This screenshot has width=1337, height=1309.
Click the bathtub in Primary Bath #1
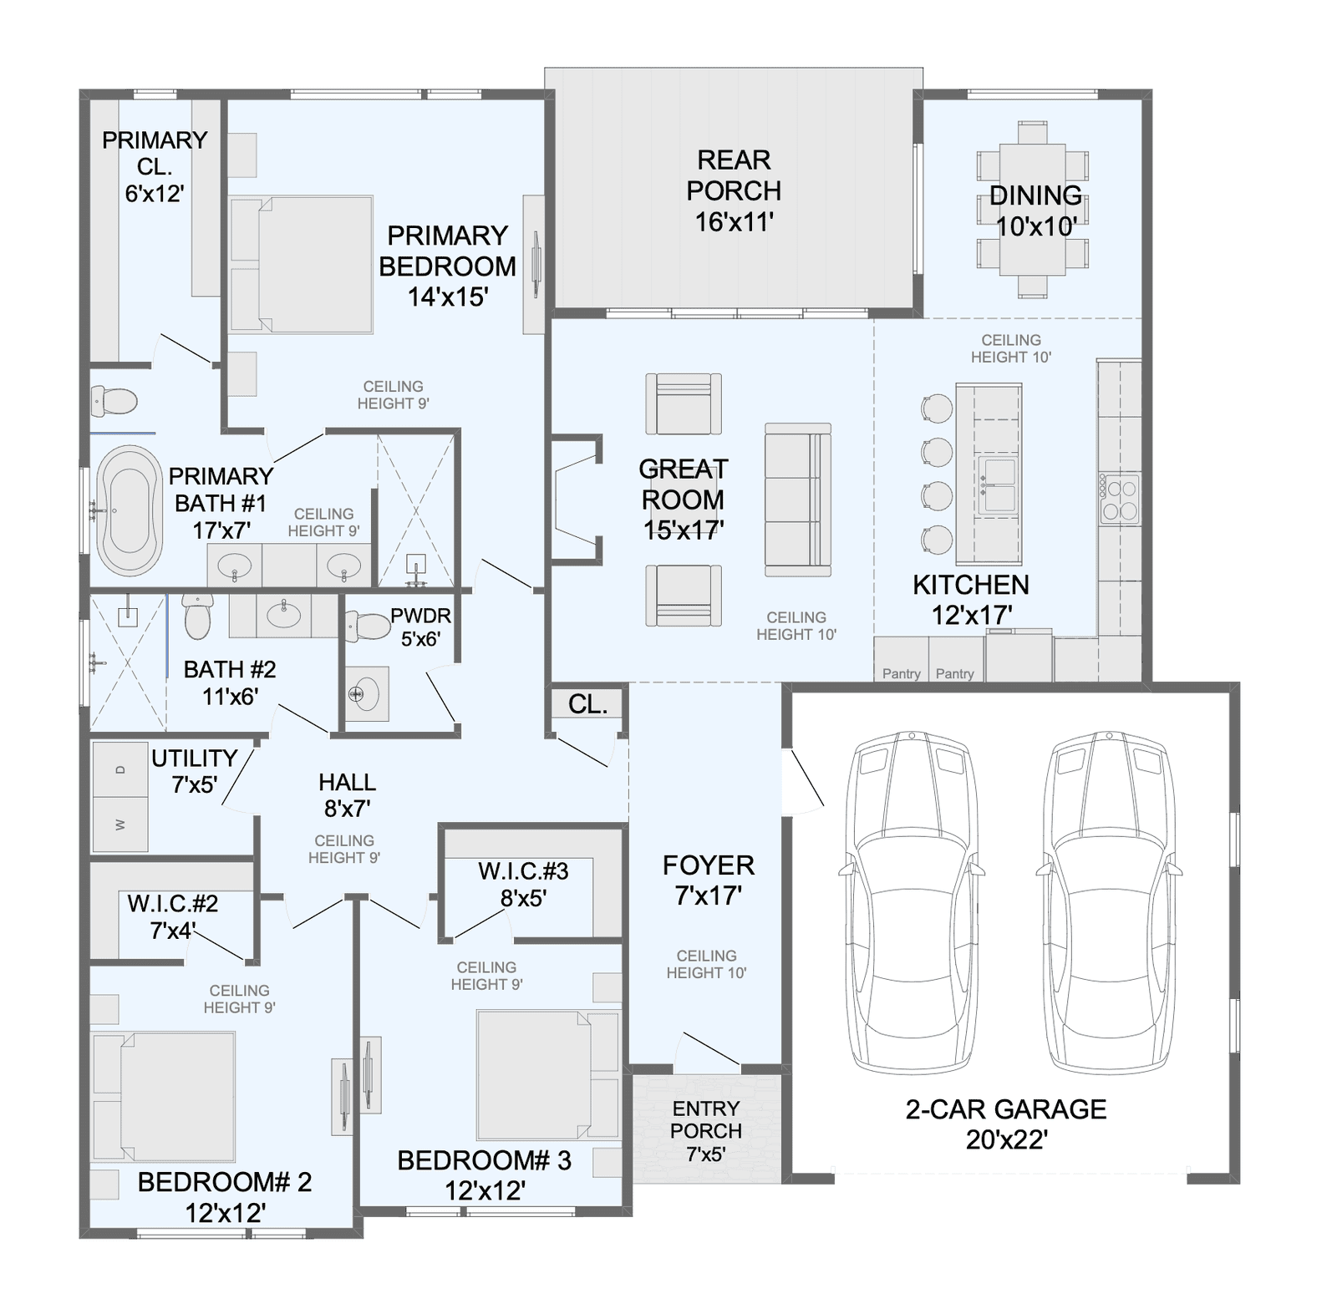[130, 510]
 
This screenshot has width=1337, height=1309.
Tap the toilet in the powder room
[365, 626]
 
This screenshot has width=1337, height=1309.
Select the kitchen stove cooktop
[1119, 499]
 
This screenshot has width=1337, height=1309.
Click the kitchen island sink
[998, 485]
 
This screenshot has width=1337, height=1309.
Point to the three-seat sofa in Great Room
[798, 500]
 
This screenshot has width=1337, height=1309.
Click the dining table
[1033, 209]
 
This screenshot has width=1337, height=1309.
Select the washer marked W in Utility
[120, 824]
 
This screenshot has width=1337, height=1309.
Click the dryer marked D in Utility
[120, 769]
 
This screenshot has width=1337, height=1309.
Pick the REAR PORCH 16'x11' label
[734, 190]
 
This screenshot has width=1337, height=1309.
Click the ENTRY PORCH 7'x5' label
[706, 1131]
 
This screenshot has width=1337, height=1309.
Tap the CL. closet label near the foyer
[587, 704]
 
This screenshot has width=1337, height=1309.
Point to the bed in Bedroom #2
[164, 1097]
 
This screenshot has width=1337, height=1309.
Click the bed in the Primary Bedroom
[301, 265]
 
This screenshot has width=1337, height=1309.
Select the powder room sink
[365, 693]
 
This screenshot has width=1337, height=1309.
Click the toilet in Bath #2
[198, 615]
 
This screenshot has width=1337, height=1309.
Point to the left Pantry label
[902, 674]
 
